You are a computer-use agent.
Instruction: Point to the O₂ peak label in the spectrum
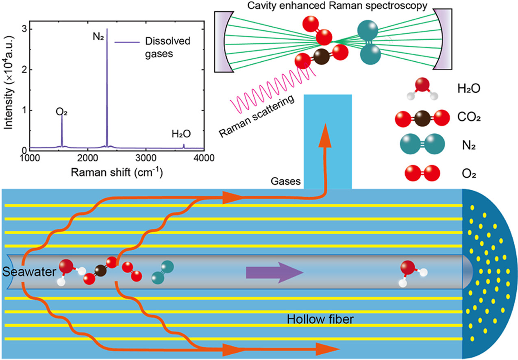tap(61, 112)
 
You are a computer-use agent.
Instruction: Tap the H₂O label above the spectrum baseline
tap(181, 133)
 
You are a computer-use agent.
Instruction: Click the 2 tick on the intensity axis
tap(24, 70)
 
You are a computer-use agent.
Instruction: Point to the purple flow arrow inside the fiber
tap(274, 272)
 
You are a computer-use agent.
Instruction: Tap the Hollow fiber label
tap(320, 319)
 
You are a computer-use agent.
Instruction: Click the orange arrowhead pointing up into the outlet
tap(325, 133)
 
